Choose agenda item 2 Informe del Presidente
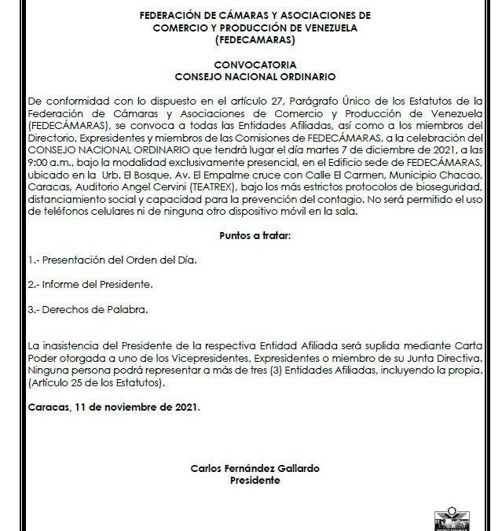(79, 284)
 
